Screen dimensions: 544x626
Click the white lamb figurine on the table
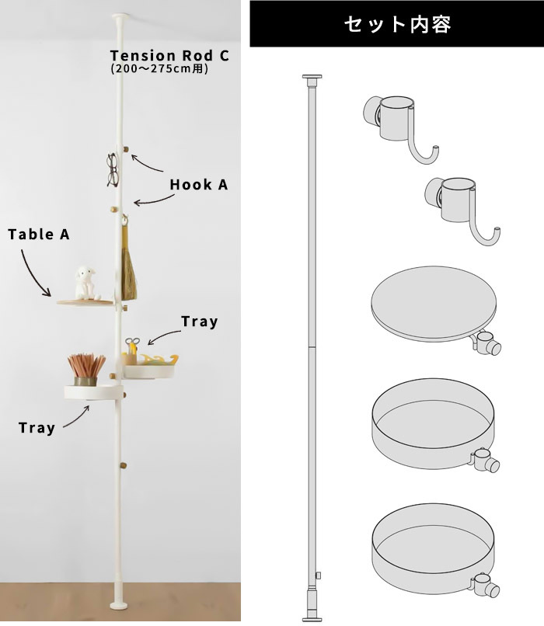coord(85,283)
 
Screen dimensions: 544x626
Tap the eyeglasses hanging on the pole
coord(112,170)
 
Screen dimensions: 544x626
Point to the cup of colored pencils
coord(85,369)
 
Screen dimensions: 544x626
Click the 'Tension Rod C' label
coord(169,55)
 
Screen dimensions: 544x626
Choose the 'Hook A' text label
coord(198,185)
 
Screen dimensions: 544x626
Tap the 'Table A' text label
coord(39,235)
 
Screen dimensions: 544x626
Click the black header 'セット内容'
coord(396,24)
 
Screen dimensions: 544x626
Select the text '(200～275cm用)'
coord(159,68)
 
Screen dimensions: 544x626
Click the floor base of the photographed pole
coord(119,605)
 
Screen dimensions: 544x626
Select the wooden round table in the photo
coord(85,303)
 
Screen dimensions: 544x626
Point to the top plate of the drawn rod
coord(312,76)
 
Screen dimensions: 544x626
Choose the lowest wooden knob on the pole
coord(124,465)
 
